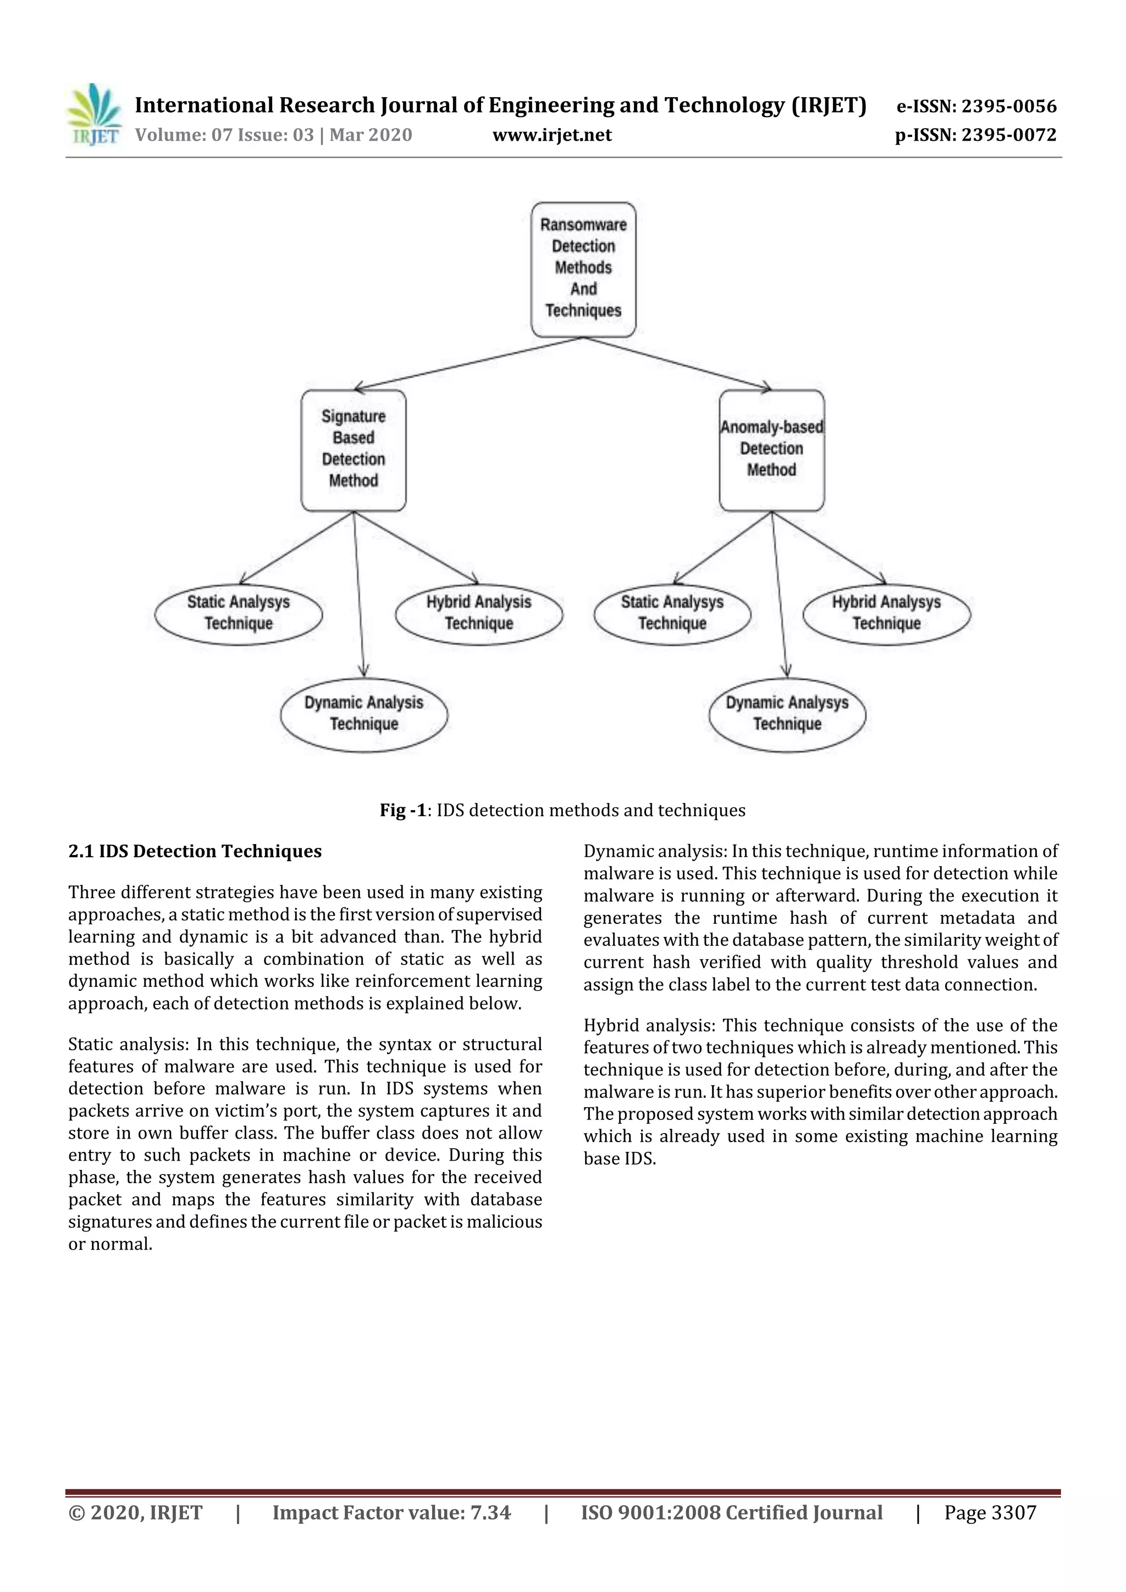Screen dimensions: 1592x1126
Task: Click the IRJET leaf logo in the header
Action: [x=93, y=115]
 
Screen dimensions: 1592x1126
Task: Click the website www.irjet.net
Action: [x=551, y=135]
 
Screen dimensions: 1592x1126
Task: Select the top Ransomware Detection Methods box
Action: [x=583, y=269]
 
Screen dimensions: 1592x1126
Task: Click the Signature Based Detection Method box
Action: [x=353, y=450]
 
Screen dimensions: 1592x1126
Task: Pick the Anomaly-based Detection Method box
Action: [x=771, y=450]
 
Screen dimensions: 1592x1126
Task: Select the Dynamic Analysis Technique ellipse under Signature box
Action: [x=363, y=714]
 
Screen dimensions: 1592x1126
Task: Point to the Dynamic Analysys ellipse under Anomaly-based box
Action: [x=787, y=714]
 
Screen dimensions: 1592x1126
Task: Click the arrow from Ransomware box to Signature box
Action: [x=468, y=363]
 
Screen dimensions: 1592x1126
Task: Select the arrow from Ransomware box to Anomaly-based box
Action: [x=676, y=363]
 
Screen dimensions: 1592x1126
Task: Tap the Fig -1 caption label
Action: [x=402, y=811]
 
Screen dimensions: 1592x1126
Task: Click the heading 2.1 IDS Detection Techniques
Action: [x=195, y=851]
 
